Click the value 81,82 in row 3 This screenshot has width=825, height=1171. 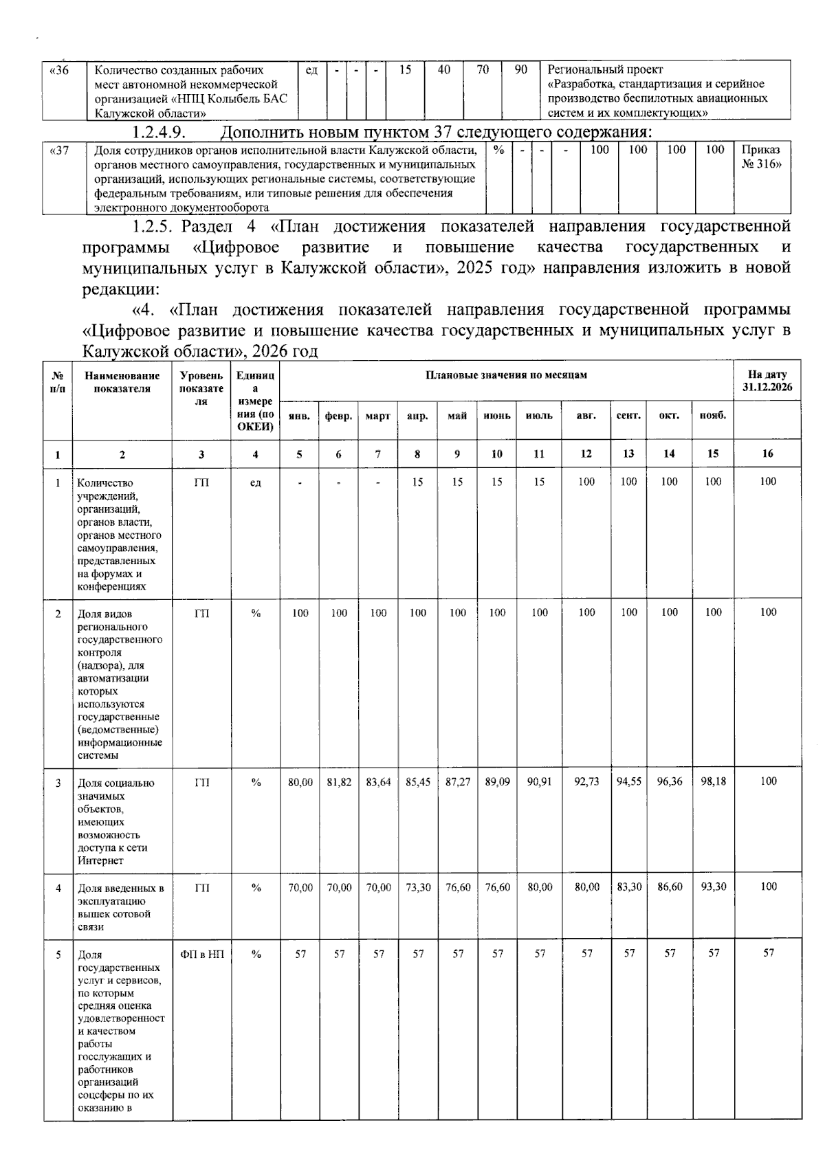point(339,782)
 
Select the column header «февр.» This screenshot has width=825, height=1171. point(339,416)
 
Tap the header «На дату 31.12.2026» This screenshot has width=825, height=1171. point(767,381)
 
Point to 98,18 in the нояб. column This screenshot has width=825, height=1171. point(713,782)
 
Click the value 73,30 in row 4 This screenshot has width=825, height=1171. point(418,887)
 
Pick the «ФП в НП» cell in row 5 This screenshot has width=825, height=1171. point(201,954)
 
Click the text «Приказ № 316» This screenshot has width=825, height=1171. point(761,157)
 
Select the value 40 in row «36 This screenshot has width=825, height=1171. point(444,70)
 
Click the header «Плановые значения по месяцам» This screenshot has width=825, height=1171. point(507,375)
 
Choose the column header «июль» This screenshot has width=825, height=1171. point(539,416)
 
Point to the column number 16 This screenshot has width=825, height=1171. point(767,454)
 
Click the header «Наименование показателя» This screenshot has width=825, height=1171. point(122,381)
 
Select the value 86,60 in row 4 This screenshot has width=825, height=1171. point(669,887)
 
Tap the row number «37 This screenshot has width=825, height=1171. point(60,150)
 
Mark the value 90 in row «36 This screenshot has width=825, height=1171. point(521,70)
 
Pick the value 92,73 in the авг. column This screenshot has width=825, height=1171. point(586,782)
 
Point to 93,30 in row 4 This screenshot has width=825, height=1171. point(713,887)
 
